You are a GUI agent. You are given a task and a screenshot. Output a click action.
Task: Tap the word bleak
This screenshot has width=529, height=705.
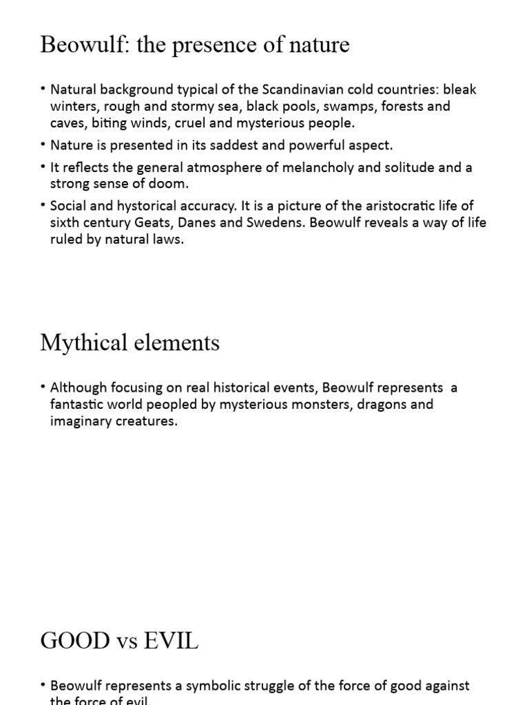[460, 90]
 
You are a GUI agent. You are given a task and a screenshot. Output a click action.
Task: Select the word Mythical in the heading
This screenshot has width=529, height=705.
[79, 342]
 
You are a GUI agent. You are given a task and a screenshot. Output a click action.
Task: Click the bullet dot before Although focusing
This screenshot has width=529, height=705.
[43, 388]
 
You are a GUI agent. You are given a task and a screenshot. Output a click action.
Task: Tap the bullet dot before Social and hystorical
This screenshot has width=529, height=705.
[43, 206]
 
